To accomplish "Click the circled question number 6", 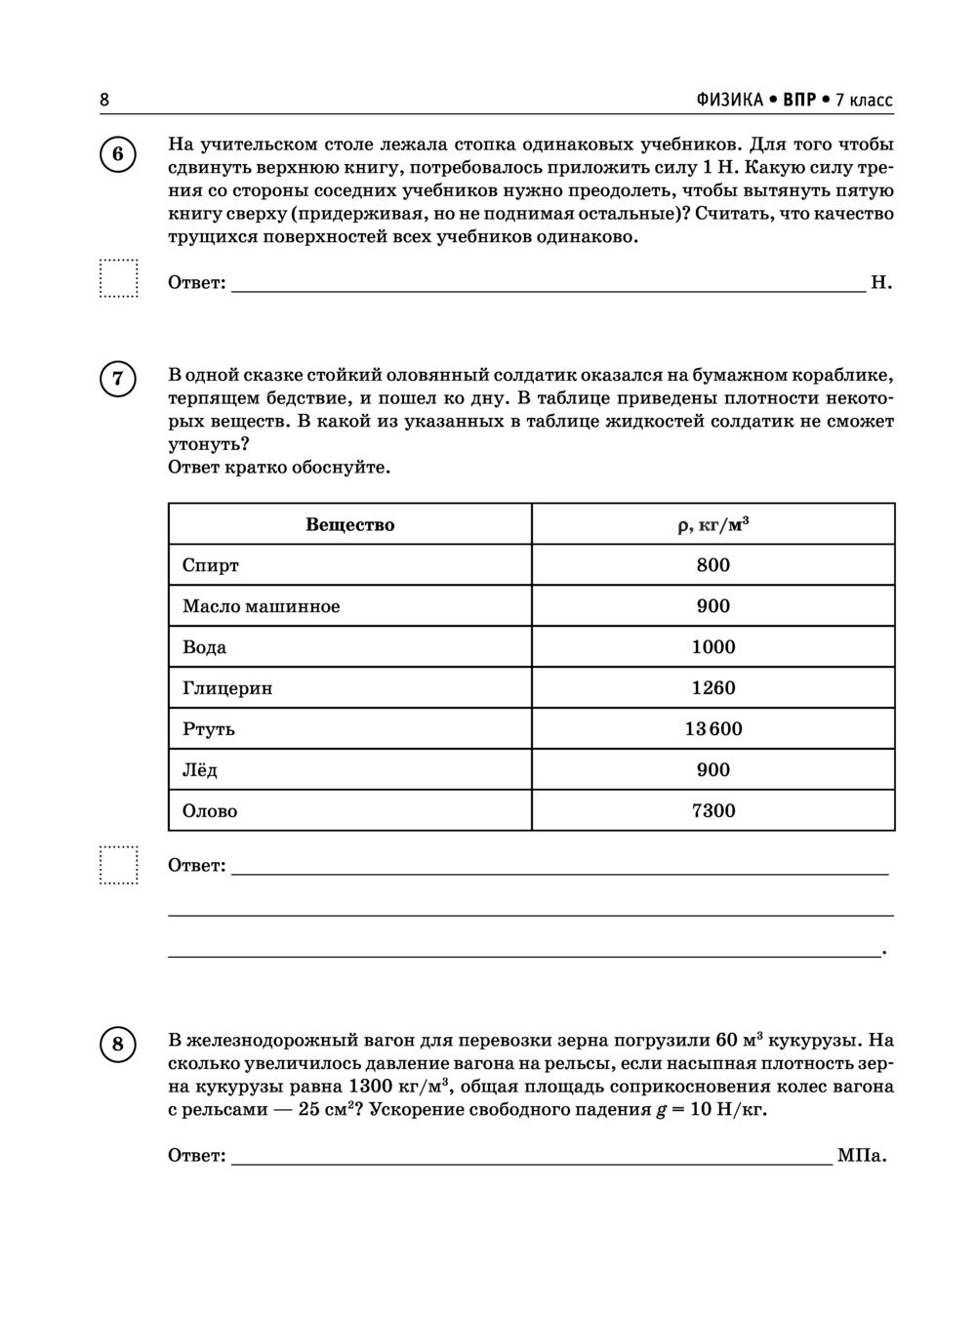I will pos(118,155).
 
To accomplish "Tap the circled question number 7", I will pos(118,378).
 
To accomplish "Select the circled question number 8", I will pos(118,1046).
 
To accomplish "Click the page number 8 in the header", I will pos(104,100).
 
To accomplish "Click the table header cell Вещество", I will pos(349,524).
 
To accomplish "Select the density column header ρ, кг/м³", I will pos(712,524).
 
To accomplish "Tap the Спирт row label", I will pos(211,565).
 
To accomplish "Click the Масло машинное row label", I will pos(262,606).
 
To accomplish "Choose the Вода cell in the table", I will pos(204,647).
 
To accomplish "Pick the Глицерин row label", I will pos(227,688).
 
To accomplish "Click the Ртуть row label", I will pos(209,729).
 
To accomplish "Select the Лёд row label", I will pos(200,770).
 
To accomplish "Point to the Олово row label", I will pos(210,811).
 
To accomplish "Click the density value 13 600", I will pos(712,729).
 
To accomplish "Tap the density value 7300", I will pos(712,811).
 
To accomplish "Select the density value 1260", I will pos(712,688).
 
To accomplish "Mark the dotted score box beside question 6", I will pos(119,278).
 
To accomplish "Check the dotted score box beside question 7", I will pos(119,865).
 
